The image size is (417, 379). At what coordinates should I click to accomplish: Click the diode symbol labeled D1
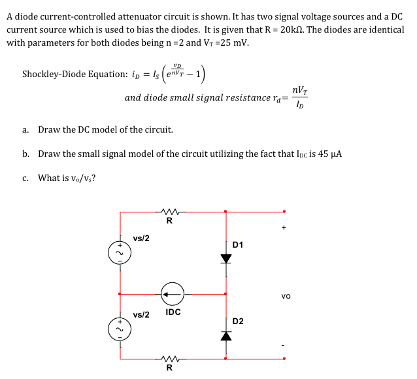pyautogui.click(x=226, y=258)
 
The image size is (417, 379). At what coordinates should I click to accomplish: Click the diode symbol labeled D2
pyautogui.click(x=226, y=335)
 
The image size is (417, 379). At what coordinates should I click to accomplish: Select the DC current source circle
pyautogui.click(x=173, y=294)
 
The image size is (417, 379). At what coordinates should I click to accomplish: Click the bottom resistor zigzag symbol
pyautogui.click(x=169, y=358)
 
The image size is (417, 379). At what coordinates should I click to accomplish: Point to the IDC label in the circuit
pyautogui.click(x=173, y=312)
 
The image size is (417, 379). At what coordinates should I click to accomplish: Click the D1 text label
pyautogui.click(x=238, y=244)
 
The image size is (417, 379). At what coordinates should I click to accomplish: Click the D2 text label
pyautogui.click(x=238, y=321)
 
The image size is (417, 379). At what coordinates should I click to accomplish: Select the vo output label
pyautogui.click(x=286, y=295)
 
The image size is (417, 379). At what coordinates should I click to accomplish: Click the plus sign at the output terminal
pyautogui.click(x=284, y=228)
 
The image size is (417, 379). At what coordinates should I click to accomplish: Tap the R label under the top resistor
pyautogui.click(x=169, y=221)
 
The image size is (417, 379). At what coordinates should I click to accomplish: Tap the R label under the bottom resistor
pyautogui.click(x=169, y=367)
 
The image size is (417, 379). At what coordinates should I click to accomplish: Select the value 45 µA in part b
pyautogui.click(x=330, y=154)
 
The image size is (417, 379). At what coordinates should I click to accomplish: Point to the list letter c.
pyautogui.click(x=25, y=178)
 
